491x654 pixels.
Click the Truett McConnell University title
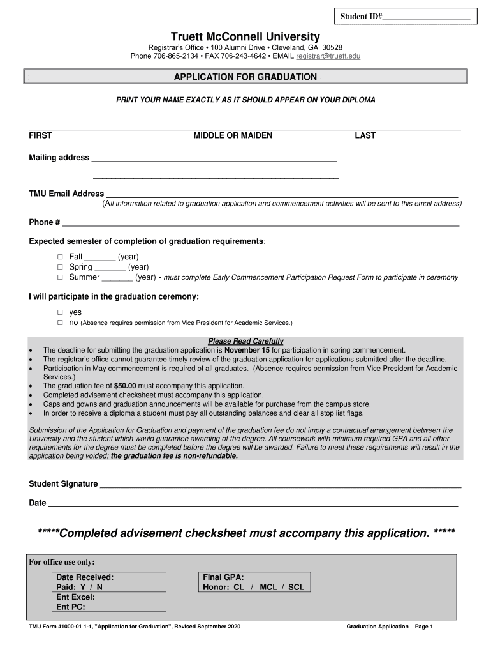click(x=246, y=36)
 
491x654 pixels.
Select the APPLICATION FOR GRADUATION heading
click(x=246, y=77)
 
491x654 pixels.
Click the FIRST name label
click(x=40, y=135)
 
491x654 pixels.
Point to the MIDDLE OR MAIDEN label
click(x=233, y=135)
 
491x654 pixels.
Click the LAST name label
click(x=365, y=135)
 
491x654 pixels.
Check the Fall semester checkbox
click(x=60, y=257)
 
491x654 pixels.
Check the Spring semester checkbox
click(x=60, y=267)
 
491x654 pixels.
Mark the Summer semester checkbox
click(x=60, y=278)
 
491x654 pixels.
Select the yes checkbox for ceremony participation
click(x=60, y=313)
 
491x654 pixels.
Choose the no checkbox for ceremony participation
click(x=60, y=323)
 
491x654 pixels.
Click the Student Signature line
click(x=281, y=485)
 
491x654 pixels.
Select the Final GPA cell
click(x=254, y=577)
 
